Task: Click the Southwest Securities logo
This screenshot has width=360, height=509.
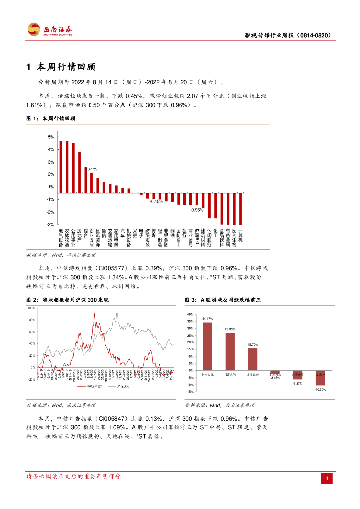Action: pos(50,30)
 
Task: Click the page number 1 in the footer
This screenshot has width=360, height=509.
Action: pos(327,478)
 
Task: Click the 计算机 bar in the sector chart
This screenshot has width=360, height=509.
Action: pos(241,209)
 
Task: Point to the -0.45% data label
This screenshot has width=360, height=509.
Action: pos(157,201)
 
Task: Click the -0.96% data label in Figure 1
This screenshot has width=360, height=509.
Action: pos(197,210)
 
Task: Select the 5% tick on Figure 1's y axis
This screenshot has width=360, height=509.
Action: pos(51,137)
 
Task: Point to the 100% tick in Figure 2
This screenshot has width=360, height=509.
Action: pos(32,308)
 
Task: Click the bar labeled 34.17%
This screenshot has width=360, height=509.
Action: pos(208,346)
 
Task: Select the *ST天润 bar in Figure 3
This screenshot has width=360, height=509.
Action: pos(230,351)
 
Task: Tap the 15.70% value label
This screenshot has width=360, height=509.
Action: pos(253,344)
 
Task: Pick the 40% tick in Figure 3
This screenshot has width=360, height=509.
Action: pos(189,314)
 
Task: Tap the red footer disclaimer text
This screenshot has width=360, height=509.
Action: pos(73,476)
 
